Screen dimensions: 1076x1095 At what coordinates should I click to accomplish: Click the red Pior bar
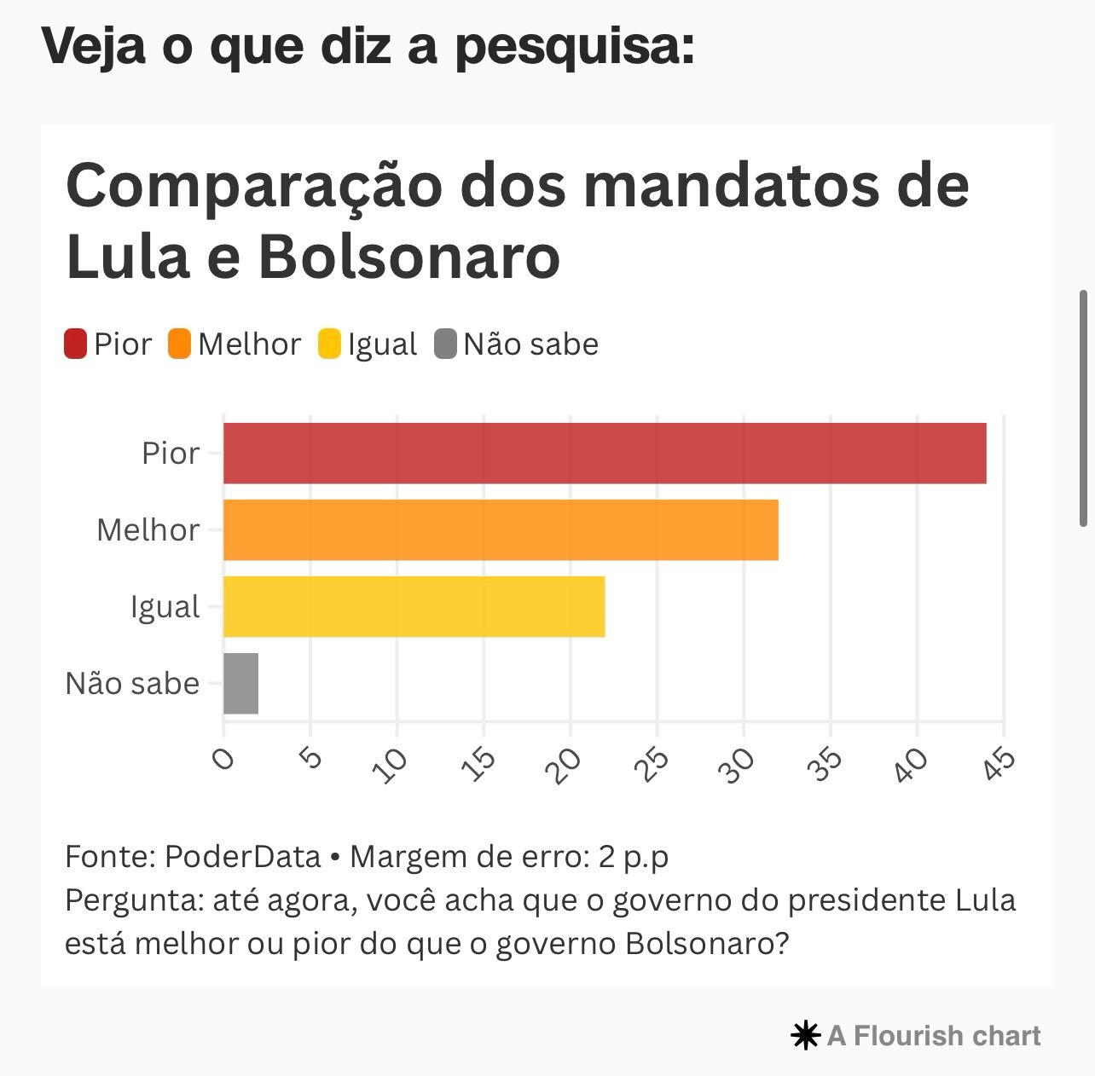(605, 453)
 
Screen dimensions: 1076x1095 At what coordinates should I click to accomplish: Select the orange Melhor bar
(501, 529)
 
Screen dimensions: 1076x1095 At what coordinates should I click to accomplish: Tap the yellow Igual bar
(414, 606)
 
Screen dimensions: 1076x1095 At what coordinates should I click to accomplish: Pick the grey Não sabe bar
(240, 683)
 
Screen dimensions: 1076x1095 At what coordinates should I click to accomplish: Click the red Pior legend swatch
(76, 344)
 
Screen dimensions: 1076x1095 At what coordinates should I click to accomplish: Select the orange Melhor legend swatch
(180, 344)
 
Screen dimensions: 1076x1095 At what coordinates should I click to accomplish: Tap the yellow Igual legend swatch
(329, 344)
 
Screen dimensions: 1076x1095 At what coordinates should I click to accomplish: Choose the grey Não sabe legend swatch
(446, 344)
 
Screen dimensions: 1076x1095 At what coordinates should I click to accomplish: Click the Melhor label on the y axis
(148, 530)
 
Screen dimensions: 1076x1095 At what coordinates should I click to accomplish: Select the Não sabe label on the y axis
(132, 684)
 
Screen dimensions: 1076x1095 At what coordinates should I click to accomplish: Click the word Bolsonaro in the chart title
(408, 256)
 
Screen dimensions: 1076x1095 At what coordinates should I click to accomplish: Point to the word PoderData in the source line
(242, 856)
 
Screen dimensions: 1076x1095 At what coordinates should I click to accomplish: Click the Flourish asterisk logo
(805, 1036)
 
